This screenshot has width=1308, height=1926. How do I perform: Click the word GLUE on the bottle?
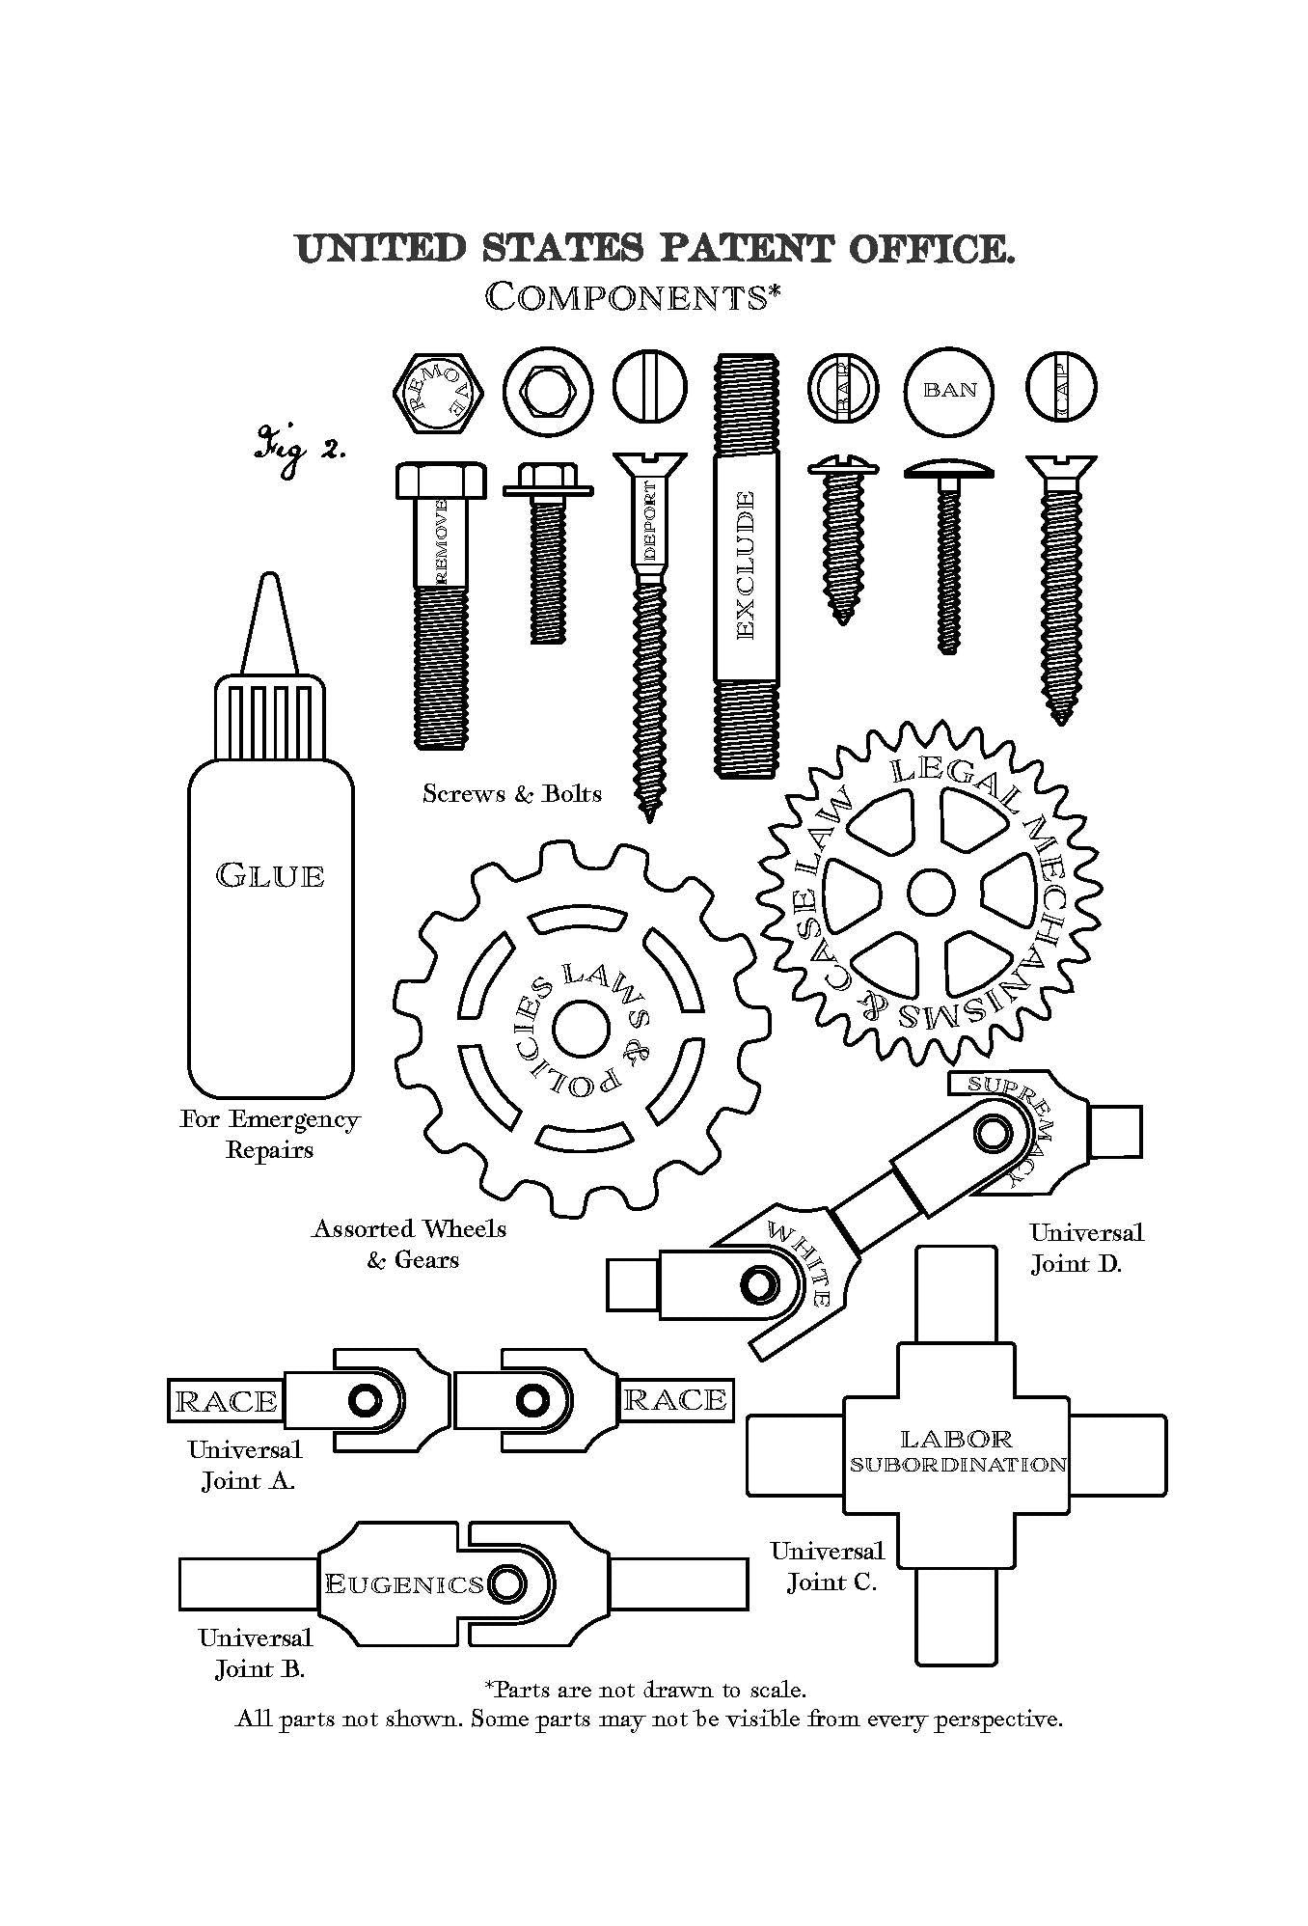[270, 875]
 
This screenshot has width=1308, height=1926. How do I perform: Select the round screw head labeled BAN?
[949, 390]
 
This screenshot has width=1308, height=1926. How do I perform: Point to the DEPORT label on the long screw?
[653, 522]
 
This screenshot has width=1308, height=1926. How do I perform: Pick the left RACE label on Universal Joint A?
[226, 1401]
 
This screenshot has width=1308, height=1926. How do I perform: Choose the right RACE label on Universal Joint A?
[675, 1399]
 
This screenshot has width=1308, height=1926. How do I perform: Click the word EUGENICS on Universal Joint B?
[404, 1584]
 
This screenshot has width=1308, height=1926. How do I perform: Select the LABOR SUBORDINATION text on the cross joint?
[957, 1451]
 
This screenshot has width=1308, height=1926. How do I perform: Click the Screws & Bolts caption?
[512, 793]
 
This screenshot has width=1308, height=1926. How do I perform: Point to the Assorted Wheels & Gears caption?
[410, 1244]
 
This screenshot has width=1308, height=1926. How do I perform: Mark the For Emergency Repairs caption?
[270, 1134]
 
